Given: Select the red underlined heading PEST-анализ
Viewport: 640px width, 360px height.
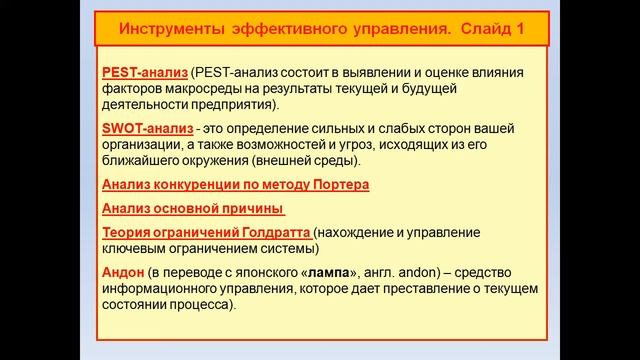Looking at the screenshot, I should (x=144, y=73).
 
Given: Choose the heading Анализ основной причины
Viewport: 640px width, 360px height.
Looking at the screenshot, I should (x=192, y=209).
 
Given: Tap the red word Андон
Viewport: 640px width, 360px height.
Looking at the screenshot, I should (x=123, y=272).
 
